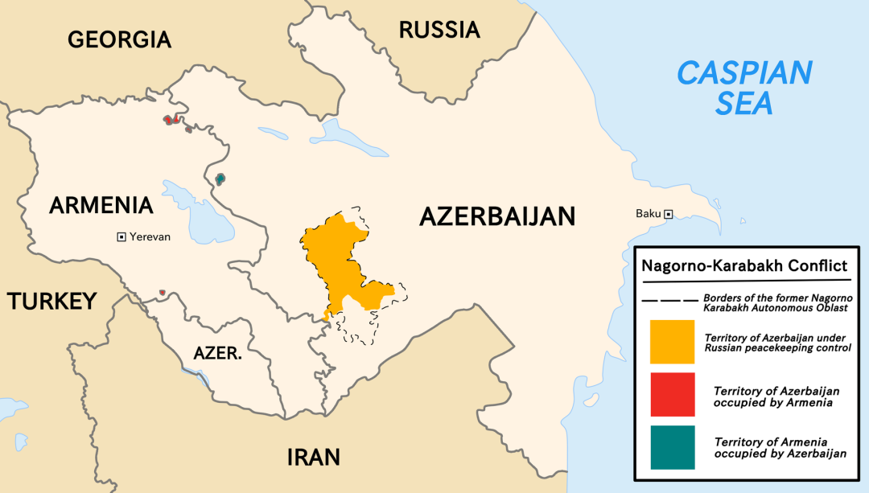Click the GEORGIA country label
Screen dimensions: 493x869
[x=119, y=39]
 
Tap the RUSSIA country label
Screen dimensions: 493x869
[x=439, y=31]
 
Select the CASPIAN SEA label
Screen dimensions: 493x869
[x=743, y=88]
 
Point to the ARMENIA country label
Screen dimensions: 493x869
[x=101, y=205]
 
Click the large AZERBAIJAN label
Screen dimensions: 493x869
[x=497, y=216]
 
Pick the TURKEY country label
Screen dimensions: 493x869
[x=52, y=302]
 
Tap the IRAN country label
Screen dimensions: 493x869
[x=313, y=458]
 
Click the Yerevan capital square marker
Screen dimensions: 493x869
[x=121, y=236]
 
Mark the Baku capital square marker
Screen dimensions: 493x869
[x=668, y=214]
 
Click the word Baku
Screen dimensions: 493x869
[x=648, y=214]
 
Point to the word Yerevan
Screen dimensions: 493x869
[x=150, y=236]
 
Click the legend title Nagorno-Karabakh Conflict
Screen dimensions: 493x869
[x=743, y=265]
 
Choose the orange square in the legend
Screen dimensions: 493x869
[x=672, y=341]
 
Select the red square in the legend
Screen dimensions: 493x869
[x=672, y=394]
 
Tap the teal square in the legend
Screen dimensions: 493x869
[x=672, y=447]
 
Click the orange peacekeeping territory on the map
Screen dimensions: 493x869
[x=338, y=257]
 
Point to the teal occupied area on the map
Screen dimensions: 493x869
[x=220, y=179]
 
